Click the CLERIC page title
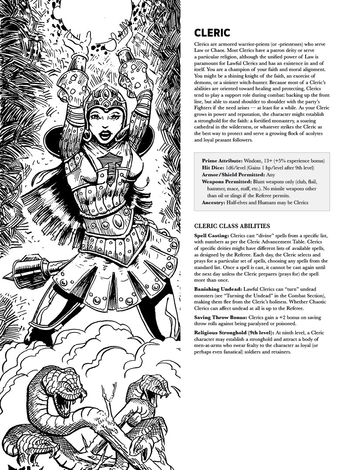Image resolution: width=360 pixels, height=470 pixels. pyautogui.click(x=212, y=33)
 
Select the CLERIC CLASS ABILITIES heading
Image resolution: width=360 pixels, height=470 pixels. pyautogui.click(x=232, y=226)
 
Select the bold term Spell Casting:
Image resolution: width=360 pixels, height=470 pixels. pyautogui.click(x=211, y=236)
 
